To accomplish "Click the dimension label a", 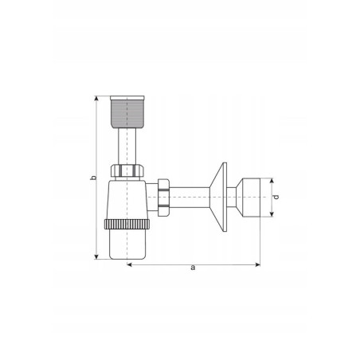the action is [x=193, y=268].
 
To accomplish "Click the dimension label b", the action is [x=93, y=178].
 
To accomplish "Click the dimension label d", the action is [x=276, y=197].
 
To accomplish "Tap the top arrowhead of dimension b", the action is [x=96, y=99].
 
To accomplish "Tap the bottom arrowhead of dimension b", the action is [x=96, y=256].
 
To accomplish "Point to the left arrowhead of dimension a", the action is [x=130, y=264].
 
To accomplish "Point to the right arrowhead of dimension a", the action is [x=257, y=264].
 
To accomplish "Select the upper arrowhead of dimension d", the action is [x=272, y=181].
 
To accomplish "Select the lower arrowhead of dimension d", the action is [x=272, y=214].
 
